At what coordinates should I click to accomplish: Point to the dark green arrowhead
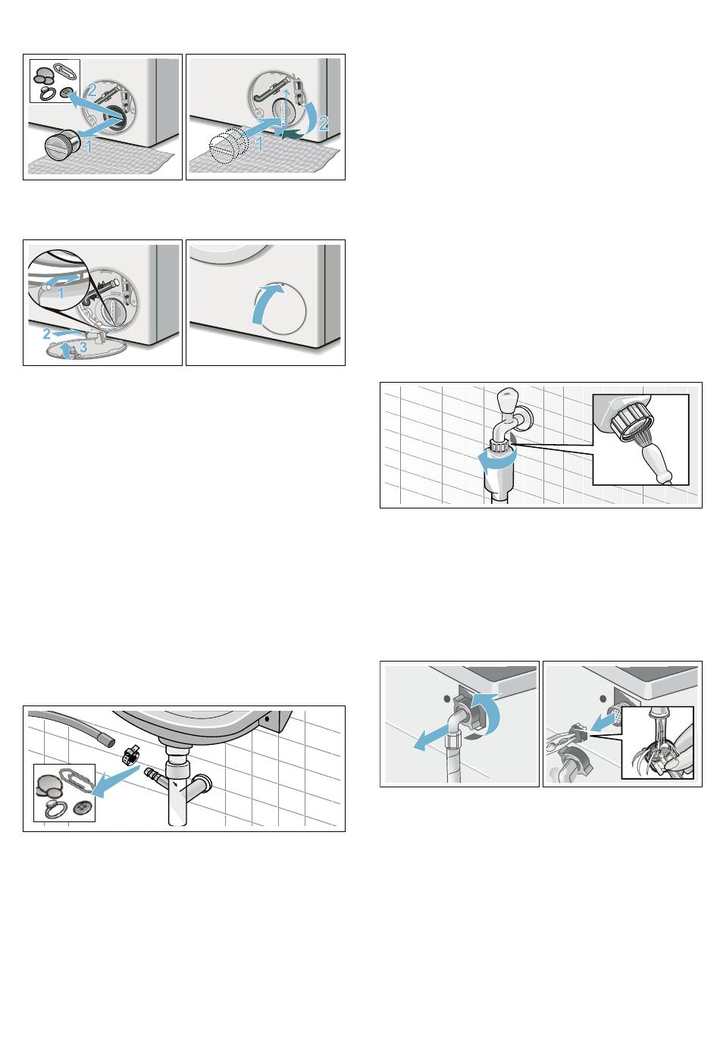[286, 135]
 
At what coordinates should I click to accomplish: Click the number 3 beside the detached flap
[83, 347]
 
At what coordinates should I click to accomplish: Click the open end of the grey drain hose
[108, 740]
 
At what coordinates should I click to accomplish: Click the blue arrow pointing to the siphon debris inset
[115, 779]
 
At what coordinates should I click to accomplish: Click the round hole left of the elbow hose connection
[447, 699]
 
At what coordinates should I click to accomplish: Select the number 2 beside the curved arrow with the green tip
[323, 124]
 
